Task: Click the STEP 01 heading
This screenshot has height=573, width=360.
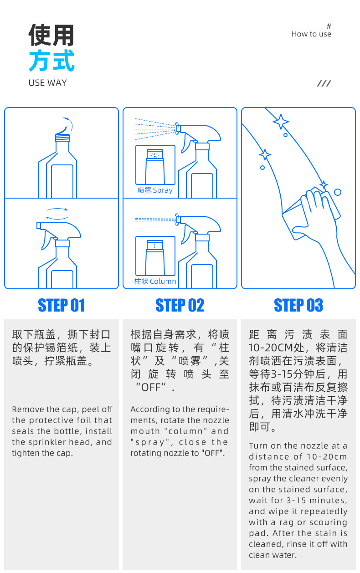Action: pos(62,305)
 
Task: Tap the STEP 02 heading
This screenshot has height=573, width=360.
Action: pos(180,305)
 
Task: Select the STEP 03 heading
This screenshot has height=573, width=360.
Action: pos(298,305)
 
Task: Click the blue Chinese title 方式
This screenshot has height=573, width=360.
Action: pos(51,61)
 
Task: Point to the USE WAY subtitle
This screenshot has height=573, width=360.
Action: pos(47,83)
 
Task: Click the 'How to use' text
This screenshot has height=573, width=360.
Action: pos(311,34)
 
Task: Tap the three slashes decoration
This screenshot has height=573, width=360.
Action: pos(324,83)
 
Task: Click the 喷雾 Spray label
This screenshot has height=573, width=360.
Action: pos(155,190)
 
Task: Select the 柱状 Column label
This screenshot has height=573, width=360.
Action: pos(155,281)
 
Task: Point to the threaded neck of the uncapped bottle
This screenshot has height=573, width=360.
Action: pos(62,138)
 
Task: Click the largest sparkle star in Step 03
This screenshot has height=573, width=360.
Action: pos(281,122)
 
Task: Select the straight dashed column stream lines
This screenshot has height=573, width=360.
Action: pos(155,220)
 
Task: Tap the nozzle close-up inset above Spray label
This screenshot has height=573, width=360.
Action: pos(155,165)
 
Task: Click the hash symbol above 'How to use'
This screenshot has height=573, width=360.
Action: pos(329,26)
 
